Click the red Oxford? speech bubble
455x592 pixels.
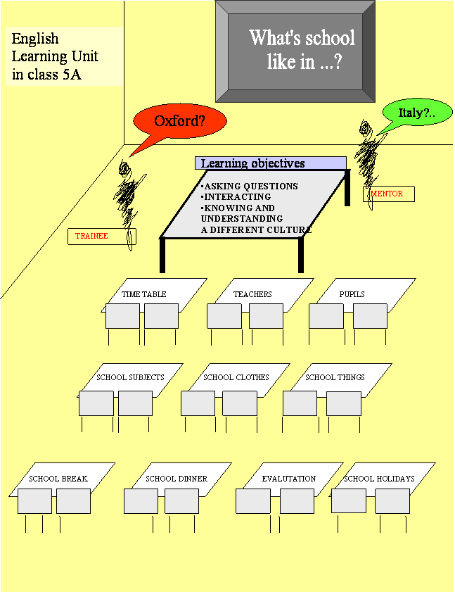(x=179, y=121)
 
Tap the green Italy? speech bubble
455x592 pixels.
(x=417, y=113)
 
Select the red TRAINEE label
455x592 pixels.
(x=91, y=236)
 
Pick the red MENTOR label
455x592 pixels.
(x=387, y=194)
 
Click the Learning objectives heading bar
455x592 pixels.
(x=271, y=163)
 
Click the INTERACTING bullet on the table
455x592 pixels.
(x=236, y=196)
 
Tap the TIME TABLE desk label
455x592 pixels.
(x=143, y=294)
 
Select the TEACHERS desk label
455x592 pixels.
(x=252, y=294)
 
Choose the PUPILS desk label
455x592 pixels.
(x=352, y=294)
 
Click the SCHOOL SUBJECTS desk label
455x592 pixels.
(x=130, y=377)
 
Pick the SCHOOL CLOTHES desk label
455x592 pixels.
(x=236, y=377)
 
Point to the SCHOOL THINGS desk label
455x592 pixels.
(x=335, y=377)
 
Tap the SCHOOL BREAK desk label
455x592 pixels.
(x=58, y=479)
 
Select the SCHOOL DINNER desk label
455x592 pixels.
(x=177, y=479)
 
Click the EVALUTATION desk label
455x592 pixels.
(x=289, y=479)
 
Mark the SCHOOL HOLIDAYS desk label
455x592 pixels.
(x=379, y=479)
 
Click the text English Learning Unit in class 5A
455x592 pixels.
(x=55, y=56)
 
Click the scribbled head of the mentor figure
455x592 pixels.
(x=365, y=129)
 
